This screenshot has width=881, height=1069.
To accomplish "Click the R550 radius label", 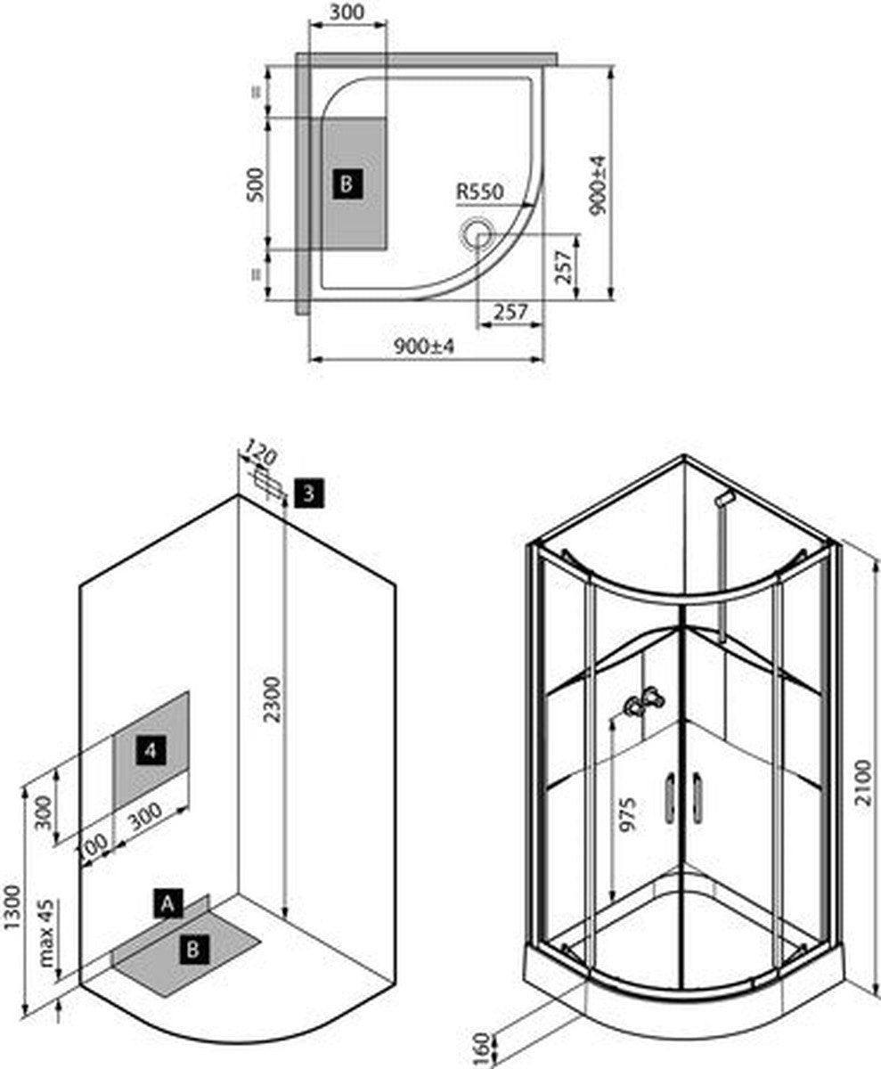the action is coord(479,192).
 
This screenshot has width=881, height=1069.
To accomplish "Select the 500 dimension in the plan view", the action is coord(256,184).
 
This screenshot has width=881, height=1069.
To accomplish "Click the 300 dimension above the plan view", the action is coord(347,12).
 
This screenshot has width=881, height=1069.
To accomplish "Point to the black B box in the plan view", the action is coord(347,184).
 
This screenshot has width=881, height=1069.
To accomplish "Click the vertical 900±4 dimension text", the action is coord(598,185).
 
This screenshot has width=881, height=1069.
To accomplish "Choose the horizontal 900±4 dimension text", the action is coord(424,347).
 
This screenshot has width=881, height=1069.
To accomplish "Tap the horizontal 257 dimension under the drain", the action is coord(510,312).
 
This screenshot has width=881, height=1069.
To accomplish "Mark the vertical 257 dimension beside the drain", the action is coord(563,267).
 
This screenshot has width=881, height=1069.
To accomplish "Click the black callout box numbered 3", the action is coord(309,494).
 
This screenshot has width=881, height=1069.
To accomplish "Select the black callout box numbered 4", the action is coord(151,751).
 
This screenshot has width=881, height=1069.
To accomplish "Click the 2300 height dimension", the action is coord(273,698).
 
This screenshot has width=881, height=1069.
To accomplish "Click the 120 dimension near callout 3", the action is coord(259,453).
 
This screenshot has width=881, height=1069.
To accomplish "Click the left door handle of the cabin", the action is coord(669,798).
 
